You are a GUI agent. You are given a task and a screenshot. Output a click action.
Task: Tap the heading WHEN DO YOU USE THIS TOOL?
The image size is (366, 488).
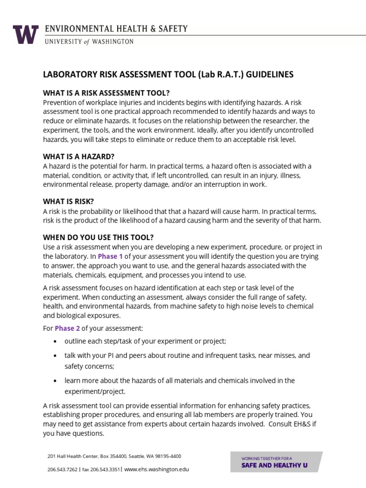[x=98, y=237]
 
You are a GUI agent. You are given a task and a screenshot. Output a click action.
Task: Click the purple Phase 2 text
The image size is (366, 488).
[x=67, y=328]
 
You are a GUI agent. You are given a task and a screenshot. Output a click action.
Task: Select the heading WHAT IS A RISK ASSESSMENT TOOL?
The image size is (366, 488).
[x=106, y=92]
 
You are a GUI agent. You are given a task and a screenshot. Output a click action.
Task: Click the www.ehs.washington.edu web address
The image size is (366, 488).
[x=157, y=469]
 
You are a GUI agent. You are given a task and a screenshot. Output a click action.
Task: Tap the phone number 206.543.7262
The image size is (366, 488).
[x=62, y=469]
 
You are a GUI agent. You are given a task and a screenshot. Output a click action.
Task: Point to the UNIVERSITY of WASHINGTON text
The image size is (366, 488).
[x=89, y=42]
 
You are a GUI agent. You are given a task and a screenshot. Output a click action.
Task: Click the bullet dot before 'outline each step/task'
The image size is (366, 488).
[x=56, y=342]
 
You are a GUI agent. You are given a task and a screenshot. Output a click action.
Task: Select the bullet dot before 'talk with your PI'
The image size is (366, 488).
[x=56, y=356]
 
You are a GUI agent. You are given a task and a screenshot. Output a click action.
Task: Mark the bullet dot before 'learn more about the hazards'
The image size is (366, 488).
[x=56, y=381]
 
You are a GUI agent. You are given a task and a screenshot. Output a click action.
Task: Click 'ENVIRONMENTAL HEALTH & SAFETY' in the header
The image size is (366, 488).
[x=116, y=30]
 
